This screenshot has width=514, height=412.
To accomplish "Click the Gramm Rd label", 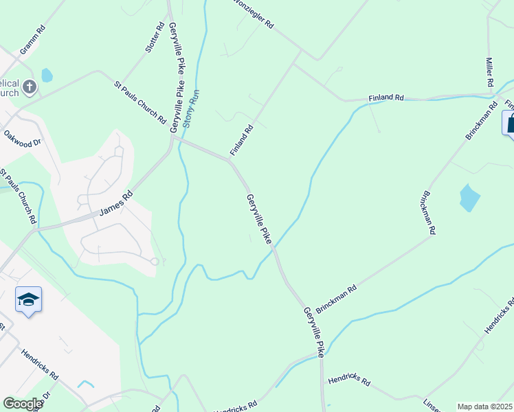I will (32, 41).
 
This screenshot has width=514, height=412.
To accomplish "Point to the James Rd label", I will (115, 203).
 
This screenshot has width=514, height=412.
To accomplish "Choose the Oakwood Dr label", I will (23, 138).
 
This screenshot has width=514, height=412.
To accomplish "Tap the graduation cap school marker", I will (28, 300).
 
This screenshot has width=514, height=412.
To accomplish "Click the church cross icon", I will (29, 87).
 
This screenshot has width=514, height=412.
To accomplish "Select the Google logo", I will (23, 404).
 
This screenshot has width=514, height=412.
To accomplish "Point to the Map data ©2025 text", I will (485, 407).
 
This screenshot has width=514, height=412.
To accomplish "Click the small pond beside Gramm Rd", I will (47, 75).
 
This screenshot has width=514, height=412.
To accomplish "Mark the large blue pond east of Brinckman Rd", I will (469, 197).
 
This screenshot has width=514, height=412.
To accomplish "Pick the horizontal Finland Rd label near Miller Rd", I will (385, 98).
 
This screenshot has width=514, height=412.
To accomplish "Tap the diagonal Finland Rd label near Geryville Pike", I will (242, 139).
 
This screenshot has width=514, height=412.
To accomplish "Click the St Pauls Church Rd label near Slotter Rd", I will (140, 103).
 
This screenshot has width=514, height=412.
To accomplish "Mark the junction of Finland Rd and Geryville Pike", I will (230, 160).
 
